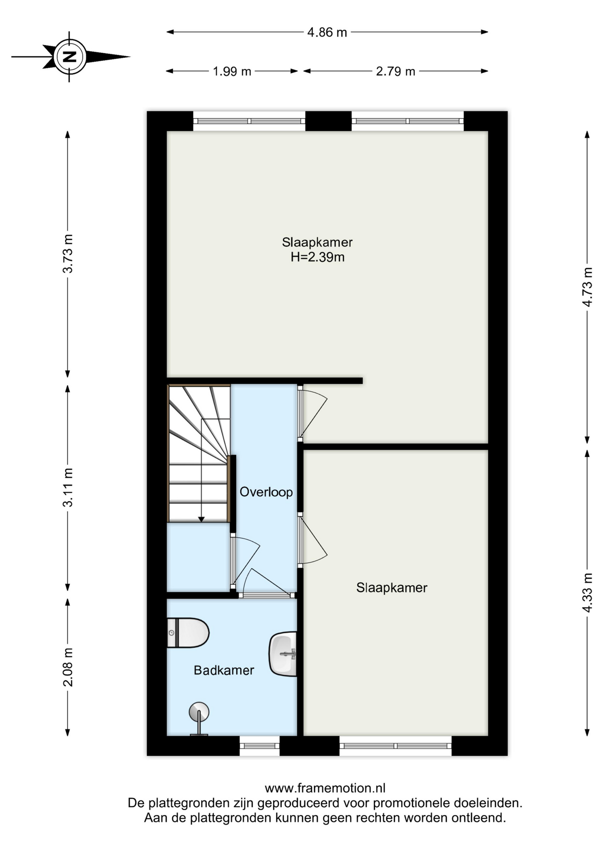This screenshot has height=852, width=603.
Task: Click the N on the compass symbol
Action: pos(69,57)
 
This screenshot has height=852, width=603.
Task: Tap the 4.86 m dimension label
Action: pos(327,32)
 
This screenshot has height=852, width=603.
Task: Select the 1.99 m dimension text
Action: pos(232,71)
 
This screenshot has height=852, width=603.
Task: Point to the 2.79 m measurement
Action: pos(395,71)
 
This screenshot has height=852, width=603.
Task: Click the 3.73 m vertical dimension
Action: pos(67,253)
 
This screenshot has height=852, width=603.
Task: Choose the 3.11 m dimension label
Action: pos(67,487)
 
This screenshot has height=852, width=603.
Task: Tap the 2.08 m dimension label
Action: pos(67,667)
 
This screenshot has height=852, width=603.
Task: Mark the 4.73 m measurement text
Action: pos(587,287)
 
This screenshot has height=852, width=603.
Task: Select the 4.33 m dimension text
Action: pos(587,593)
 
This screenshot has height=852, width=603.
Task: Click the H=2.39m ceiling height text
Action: pos(317,257)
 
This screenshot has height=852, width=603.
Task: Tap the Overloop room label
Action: pos(266,492)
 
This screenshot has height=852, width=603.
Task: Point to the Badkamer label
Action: pos(224,670)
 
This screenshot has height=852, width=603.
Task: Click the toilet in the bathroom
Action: pos(188,633)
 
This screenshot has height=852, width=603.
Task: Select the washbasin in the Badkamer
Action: pos(283,654)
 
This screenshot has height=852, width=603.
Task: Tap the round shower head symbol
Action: pos(199,712)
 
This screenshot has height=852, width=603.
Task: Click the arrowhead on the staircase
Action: pos(201,519)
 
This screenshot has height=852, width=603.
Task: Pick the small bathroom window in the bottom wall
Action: pos(260,746)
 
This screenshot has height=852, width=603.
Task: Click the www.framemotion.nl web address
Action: pos(325,788)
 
